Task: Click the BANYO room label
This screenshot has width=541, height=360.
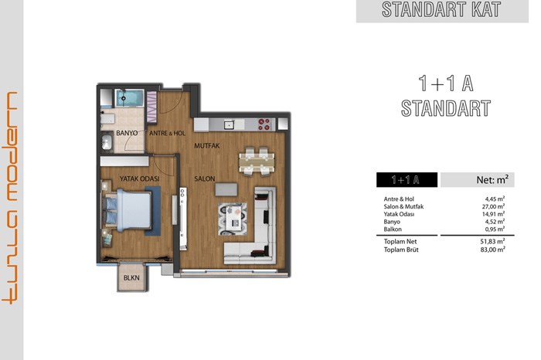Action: tap(127, 133)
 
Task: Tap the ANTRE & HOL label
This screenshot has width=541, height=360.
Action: tap(168, 133)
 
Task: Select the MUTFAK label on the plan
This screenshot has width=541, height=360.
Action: tap(206, 146)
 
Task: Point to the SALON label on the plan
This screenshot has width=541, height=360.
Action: tap(205, 178)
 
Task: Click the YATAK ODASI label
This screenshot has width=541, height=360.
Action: tap(139, 178)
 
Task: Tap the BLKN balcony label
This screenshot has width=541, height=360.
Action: tap(131, 278)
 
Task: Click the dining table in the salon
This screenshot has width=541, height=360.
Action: tap(257, 161)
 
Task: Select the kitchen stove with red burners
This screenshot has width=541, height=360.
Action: tap(264, 124)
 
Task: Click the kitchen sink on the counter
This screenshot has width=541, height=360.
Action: tap(229, 124)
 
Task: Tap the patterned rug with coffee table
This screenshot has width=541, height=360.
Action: tap(233, 219)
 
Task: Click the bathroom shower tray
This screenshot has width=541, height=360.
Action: tap(129, 98)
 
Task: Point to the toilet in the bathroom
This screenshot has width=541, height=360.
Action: tap(107, 119)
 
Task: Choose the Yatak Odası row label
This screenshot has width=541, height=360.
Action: tap(399, 214)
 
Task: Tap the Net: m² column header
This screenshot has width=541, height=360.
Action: tap(492, 180)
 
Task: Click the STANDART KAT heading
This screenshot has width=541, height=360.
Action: tap(441, 9)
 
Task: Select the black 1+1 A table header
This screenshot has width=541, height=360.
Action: tap(407, 180)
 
